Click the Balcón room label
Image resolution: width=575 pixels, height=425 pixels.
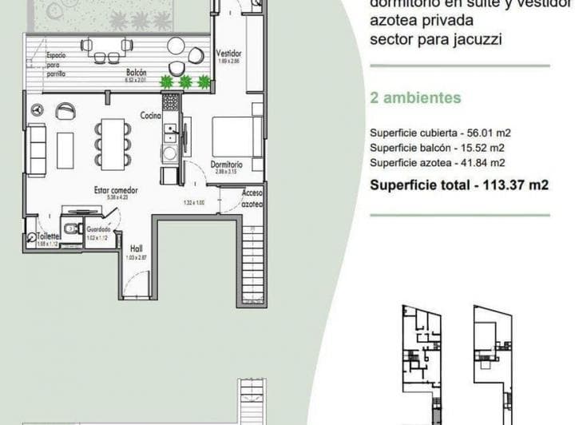pos(135,73)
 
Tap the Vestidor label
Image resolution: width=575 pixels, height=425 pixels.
pos(228,54)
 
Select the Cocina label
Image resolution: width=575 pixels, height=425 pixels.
pos(151,115)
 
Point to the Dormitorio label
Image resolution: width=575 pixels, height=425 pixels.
pos(227,164)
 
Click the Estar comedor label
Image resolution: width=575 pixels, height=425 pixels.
pos(116,191)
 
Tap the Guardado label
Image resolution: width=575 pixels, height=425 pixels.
pos(99,229)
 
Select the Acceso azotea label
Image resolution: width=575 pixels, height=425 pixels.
pos(253,198)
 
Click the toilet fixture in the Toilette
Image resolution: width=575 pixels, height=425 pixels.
pos(71,230)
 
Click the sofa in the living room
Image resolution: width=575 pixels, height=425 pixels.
pos(36,149)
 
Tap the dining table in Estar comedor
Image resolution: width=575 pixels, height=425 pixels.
pos(112,144)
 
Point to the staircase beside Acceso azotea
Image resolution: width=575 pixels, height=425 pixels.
pos(252,268)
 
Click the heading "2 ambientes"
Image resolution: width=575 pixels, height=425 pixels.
pos(416,98)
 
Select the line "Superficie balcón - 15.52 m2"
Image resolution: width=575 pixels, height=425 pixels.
pos(437,148)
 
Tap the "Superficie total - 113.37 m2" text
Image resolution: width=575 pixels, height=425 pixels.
pos(459,185)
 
